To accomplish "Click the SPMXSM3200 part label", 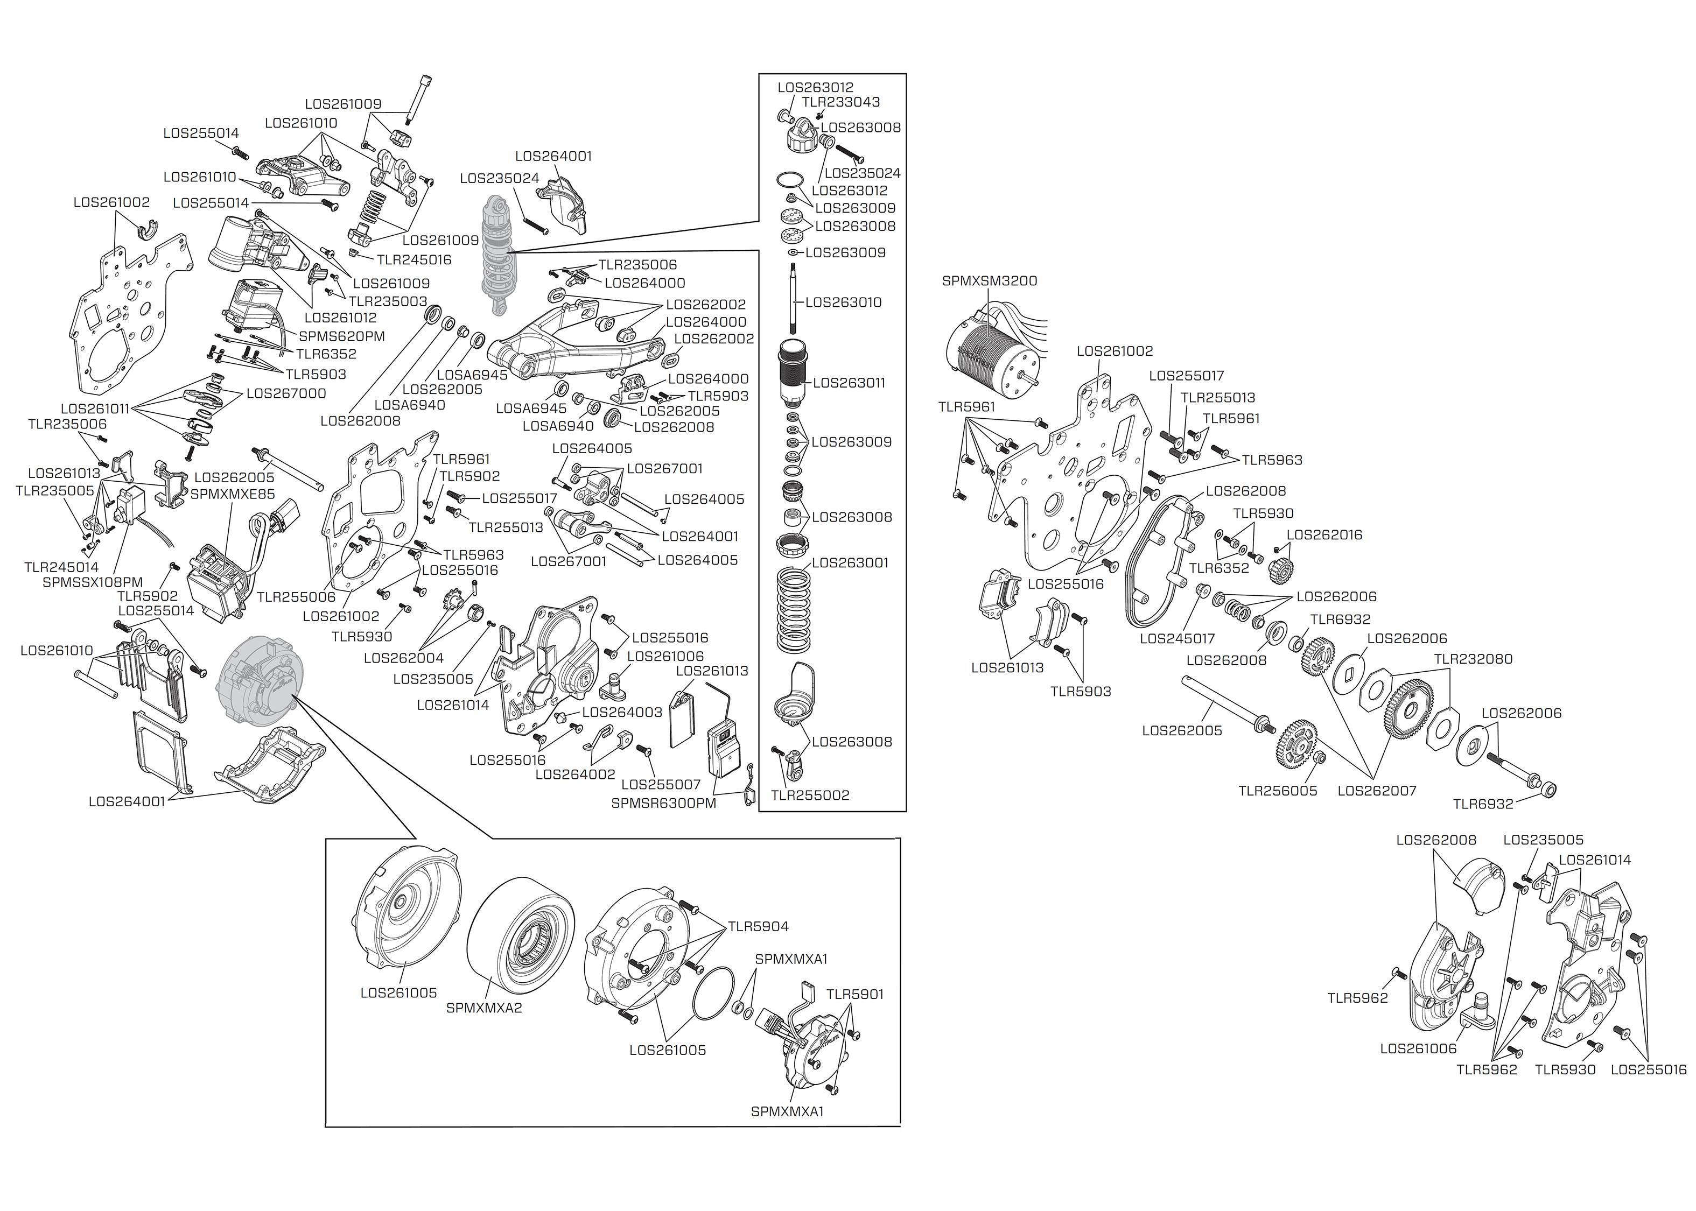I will coord(989,281).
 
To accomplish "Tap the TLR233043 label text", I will coord(840,102).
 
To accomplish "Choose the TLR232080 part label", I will coord(1473,659).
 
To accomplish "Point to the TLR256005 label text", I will coord(1278,791).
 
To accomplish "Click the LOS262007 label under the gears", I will coord(1377,791).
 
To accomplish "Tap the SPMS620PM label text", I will coord(341,336).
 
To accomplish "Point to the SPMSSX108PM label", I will coord(93,582).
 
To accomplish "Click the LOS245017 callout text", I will coord(1177,638).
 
